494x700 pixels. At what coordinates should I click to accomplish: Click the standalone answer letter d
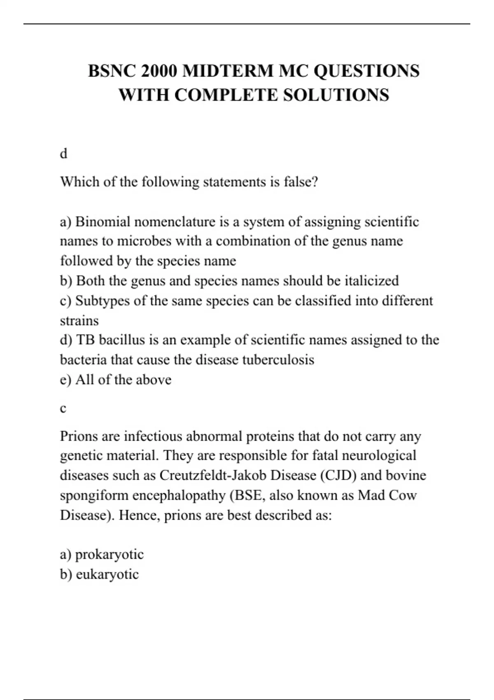coord(63,154)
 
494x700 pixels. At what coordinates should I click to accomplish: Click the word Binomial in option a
coord(103,222)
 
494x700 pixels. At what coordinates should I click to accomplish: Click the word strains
coord(79,320)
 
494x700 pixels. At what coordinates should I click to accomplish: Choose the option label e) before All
coord(65,380)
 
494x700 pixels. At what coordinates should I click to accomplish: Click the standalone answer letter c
coord(63,408)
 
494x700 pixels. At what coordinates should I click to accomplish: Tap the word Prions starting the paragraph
coord(79,436)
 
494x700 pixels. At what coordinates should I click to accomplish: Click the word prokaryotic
coord(109,555)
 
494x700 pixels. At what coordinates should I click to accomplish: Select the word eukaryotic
coord(107,574)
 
